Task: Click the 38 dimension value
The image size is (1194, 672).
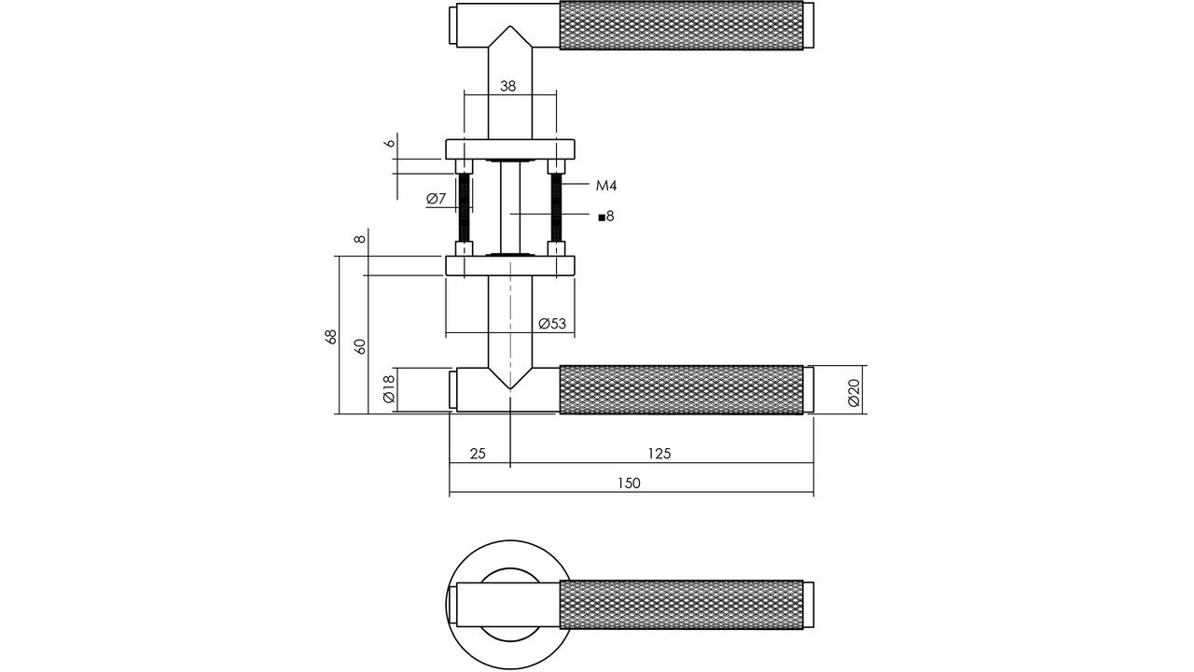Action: pyautogui.click(x=508, y=86)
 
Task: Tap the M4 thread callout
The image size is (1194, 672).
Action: pyautogui.click(x=606, y=186)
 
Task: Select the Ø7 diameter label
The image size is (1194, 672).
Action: pyautogui.click(x=436, y=199)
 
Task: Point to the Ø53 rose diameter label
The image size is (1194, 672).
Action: pyautogui.click(x=552, y=324)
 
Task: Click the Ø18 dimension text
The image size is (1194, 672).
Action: pyautogui.click(x=389, y=389)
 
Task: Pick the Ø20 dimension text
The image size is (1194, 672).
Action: pyautogui.click(x=854, y=393)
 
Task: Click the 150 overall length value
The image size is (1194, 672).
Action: pyautogui.click(x=629, y=483)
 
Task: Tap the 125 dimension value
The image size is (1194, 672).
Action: pyautogui.click(x=659, y=454)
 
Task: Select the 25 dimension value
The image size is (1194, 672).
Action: pyautogui.click(x=478, y=454)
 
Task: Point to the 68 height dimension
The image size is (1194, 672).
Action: pyautogui.click(x=331, y=337)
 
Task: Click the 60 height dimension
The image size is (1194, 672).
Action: pyautogui.click(x=360, y=347)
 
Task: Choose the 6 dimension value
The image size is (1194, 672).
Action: pyautogui.click(x=390, y=143)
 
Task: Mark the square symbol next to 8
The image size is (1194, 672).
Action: pyautogui.click(x=602, y=217)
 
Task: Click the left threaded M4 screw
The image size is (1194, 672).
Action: pyautogui.click(x=465, y=207)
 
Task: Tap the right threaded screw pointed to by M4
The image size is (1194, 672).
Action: pyautogui.click(x=556, y=207)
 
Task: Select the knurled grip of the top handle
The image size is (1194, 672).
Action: pyautogui.click(x=681, y=26)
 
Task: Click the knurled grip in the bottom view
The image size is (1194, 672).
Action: pyautogui.click(x=681, y=605)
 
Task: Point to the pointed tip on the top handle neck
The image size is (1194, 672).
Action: pyautogui.click(x=510, y=26)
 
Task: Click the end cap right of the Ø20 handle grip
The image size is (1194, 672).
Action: pyautogui.click(x=809, y=389)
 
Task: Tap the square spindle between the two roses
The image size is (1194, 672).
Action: pyautogui.click(x=510, y=207)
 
